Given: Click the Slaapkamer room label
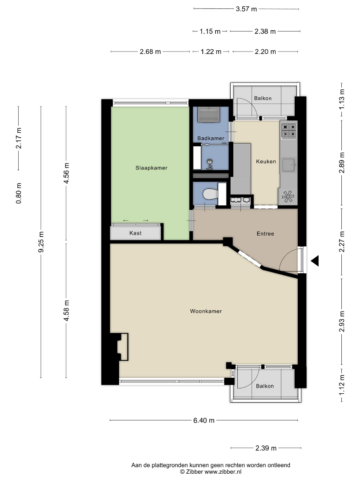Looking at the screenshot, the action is point(151,168).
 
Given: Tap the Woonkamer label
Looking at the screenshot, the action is point(206,311).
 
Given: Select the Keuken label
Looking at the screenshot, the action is point(266,161).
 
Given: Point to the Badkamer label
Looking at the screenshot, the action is point(211,138).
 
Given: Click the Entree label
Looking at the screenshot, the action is point(265,234).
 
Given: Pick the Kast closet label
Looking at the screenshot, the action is point(135,233).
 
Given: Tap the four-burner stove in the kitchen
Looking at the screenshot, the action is point(289,131).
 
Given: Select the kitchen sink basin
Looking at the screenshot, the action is point(288,165).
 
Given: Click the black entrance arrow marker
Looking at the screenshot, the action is point(315,261).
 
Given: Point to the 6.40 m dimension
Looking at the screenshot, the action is point(204,420).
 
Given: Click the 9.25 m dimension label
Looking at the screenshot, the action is point(41,242).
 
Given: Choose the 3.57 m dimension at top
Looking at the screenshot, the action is point(246,9).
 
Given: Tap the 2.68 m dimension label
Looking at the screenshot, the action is point(150,52).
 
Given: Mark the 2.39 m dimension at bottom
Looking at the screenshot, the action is point(266,448).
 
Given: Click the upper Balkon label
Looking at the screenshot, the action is point(263,98).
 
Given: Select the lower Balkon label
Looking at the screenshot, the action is point(265,386).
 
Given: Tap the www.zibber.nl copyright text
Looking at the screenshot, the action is point(211,472).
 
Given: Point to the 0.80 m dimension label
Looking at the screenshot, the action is point(19,193).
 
